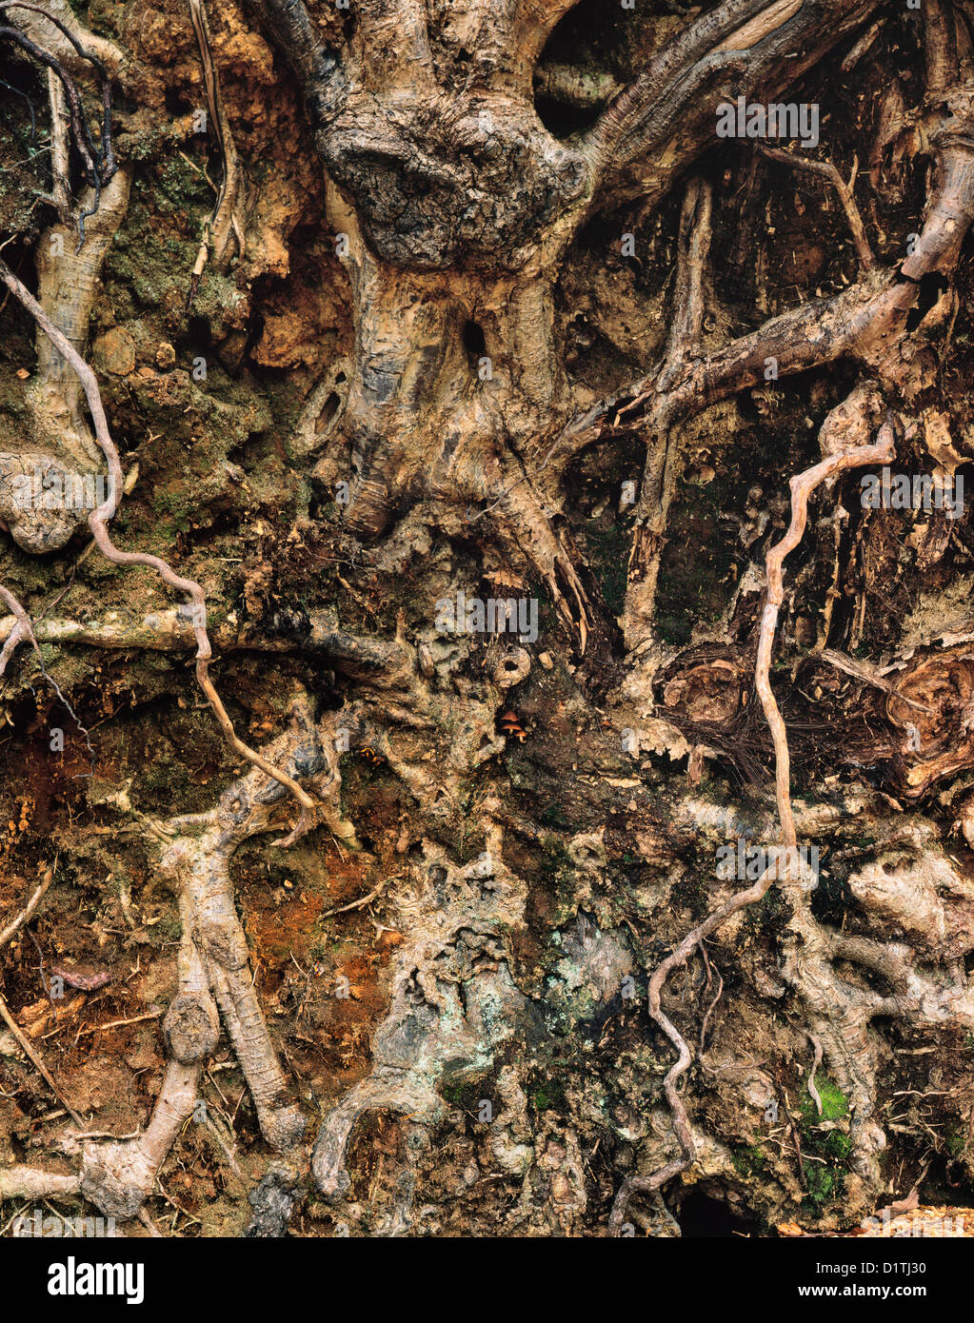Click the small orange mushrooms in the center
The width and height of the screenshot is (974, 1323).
coord(514,726)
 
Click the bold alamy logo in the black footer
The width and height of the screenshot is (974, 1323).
coord(95,1280)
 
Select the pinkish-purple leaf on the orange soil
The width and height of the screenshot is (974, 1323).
coord(81,977)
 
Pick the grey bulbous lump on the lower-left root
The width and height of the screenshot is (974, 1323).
coord(190,1028)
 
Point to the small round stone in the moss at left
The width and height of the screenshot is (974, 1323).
coord(114,350)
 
